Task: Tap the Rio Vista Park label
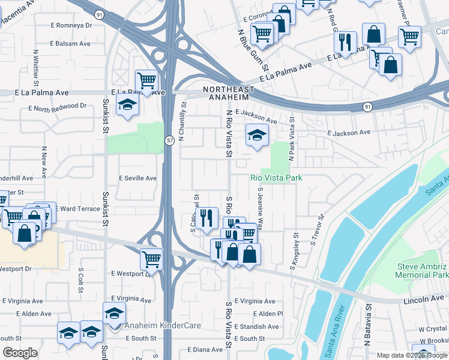276,178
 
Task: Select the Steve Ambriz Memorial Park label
421,270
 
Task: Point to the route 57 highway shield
170,140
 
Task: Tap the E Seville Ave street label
137,178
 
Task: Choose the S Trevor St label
316,230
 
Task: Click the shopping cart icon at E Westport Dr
151,260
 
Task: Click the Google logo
20,353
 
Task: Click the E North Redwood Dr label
57,106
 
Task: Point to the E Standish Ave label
257,327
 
